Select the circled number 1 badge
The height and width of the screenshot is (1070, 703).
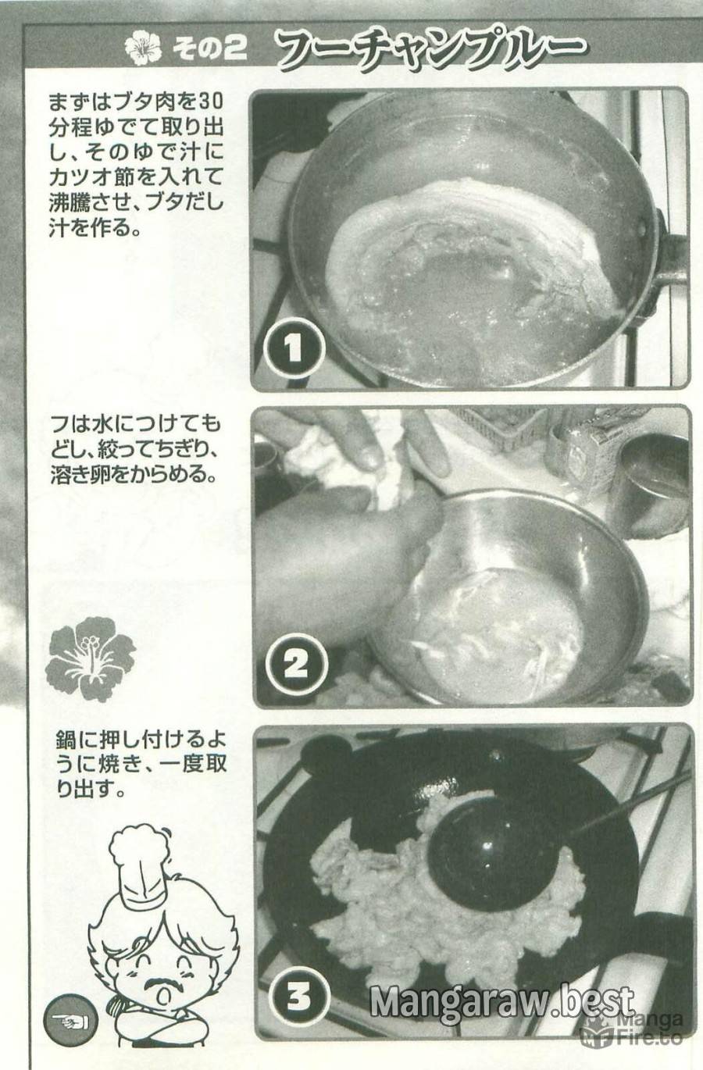tap(294, 348)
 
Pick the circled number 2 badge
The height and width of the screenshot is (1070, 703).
tap(296, 665)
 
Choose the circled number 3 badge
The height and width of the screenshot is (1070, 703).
tap(298, 984)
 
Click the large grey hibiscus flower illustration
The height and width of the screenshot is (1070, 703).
tap(91, 658)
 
